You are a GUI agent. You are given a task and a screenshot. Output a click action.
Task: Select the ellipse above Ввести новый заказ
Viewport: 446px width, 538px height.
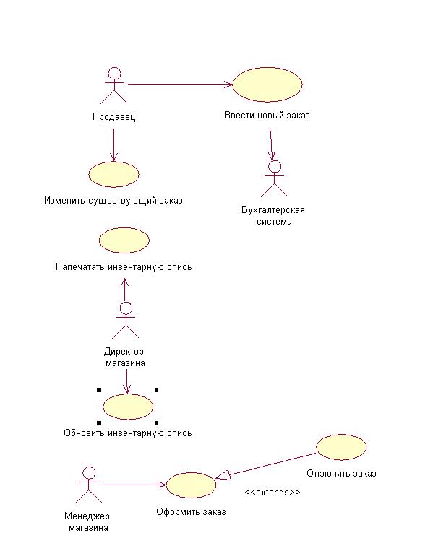[x=267, y=84]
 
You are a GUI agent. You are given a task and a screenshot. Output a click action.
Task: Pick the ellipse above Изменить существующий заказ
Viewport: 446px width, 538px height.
[x=113, y=175]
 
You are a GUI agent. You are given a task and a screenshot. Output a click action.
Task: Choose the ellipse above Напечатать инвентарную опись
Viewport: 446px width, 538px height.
[x=124, y=240]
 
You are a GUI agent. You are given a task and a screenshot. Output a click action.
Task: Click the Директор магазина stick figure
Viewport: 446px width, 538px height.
[x=126, y=321]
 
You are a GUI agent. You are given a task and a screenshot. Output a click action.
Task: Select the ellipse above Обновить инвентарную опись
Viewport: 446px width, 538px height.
[x=128, y=407]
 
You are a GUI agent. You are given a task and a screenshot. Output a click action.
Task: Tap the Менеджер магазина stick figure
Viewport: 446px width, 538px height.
[x=89, y=485]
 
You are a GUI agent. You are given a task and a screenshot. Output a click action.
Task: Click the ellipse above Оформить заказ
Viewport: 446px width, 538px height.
[x=191, y=485]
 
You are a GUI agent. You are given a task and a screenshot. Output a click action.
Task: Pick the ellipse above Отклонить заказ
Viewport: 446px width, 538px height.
[x=341, y=447]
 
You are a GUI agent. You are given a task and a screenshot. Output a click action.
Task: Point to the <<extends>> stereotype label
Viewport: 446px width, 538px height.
[x=272, y=492]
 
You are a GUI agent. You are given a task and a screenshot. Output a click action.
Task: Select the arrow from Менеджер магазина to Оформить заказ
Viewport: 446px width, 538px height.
[x=134, y=485]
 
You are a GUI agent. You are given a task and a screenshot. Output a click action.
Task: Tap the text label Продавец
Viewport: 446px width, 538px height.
[x=114, y=117]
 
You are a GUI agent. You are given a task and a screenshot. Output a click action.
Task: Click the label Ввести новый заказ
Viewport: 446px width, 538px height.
[x=267, y=116]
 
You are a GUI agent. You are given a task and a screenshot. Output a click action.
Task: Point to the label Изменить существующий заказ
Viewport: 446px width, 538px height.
[x=113, y=201]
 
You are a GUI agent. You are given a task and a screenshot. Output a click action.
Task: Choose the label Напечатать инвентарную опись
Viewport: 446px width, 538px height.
[x=124, y=266]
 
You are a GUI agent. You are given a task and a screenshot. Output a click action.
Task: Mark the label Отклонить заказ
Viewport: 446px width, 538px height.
[x=341, y=474]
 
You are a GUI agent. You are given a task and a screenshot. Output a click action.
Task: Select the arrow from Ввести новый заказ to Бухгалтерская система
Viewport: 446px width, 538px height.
[x=272, y=143]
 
